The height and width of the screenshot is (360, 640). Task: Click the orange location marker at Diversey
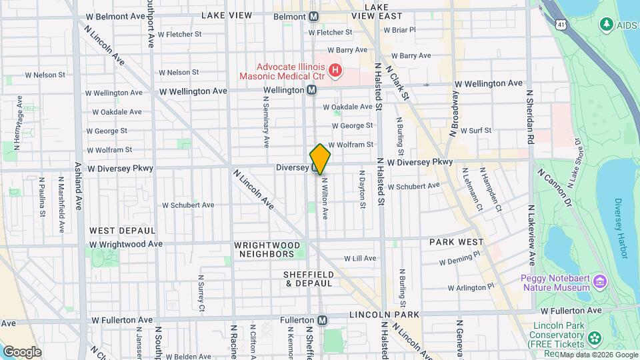[320, 159]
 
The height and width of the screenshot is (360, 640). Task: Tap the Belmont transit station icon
[313, 15]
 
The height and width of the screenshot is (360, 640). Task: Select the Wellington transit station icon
[311, 90]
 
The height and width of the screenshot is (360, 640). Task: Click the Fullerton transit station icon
[323, 320]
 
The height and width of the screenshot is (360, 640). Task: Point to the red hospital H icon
[336, 70]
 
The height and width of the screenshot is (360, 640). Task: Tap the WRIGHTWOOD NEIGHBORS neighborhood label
[265, 249]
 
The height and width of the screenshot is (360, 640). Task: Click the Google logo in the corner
[22, 351]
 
